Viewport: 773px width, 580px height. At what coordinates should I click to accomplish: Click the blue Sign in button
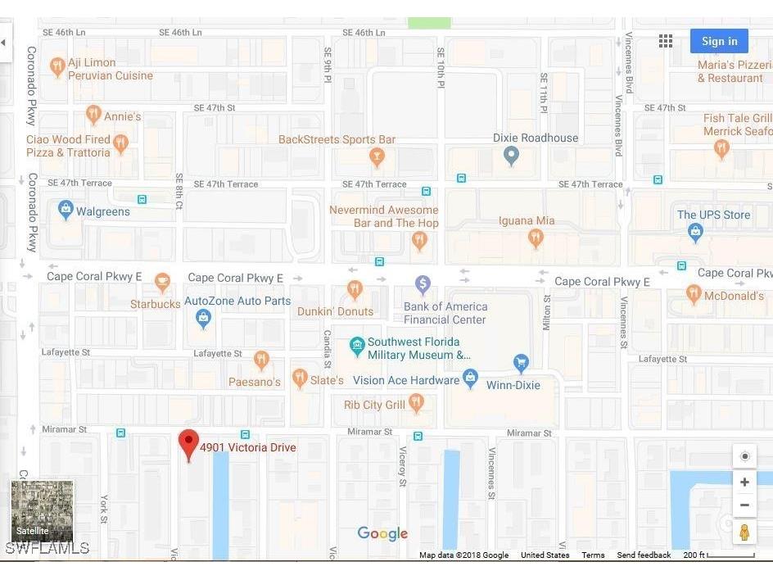(x=719, y=41)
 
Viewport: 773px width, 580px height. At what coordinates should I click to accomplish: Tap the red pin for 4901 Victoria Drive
(x=189, y=444)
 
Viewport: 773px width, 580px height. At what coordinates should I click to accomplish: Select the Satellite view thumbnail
(x=42, y=511)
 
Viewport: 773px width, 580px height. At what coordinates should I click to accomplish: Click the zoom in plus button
(x=744, y=483)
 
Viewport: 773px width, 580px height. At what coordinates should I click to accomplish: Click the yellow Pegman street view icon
(x=744, y=532)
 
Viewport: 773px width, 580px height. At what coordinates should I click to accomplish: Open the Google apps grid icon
(x=666, y=41)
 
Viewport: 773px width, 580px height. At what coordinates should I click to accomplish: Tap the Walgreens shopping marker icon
(x=66, y=210)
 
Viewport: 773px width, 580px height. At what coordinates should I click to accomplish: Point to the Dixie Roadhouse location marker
(x=512, y=155)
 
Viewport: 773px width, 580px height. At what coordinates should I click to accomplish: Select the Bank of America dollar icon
(x=423, y=284)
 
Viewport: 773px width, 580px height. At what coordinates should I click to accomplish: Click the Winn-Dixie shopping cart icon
(x=520, y=362)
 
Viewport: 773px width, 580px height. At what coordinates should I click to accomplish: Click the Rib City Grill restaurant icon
(x=416, y=402)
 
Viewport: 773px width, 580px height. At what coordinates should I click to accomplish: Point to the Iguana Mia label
(x=527, y=220)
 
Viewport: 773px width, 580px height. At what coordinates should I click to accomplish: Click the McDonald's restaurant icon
(x=694, y=294)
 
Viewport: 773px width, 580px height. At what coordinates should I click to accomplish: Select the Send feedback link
(x=644, y=555)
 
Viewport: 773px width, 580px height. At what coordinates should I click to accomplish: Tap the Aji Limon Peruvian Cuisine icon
(x=57, y=66)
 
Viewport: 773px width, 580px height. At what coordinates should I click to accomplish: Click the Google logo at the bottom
(x=382, y=534)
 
